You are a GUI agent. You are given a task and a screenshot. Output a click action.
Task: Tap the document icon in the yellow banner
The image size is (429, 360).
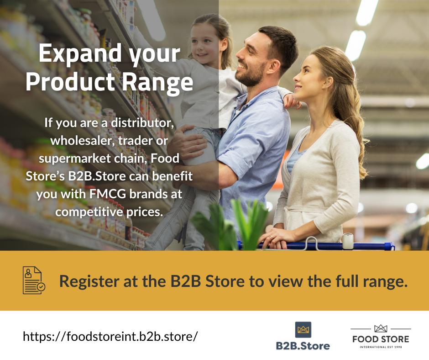pos(34,280)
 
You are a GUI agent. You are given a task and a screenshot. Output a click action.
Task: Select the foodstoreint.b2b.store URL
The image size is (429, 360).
pos(110,337)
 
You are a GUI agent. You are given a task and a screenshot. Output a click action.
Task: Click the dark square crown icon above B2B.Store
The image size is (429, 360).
pos(303,329)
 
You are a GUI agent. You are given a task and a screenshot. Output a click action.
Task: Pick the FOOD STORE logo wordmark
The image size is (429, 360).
pos(381,339)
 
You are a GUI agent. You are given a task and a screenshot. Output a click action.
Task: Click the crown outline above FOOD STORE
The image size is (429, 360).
pos(381,328)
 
